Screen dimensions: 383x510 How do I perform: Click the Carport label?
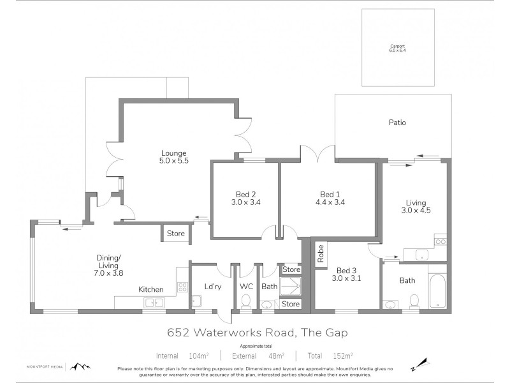click(x=398, y=49)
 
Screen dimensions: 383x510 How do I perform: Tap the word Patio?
click(x=397, y=123)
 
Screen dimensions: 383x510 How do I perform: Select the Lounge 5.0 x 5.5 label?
click(x=173, y=157)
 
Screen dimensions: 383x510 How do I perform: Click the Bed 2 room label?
click(x=244, y=198)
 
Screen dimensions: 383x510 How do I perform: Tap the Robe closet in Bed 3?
click(x=321, y=253)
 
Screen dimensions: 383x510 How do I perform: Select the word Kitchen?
click(x=151, y=289)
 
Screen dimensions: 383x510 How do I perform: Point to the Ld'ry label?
click(x=212, y=287)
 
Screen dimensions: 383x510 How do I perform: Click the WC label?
click(x=246, y=287)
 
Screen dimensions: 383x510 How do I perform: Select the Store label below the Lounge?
click(x=175, y=234)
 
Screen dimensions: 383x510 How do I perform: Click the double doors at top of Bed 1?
click(x=317, y=153)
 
